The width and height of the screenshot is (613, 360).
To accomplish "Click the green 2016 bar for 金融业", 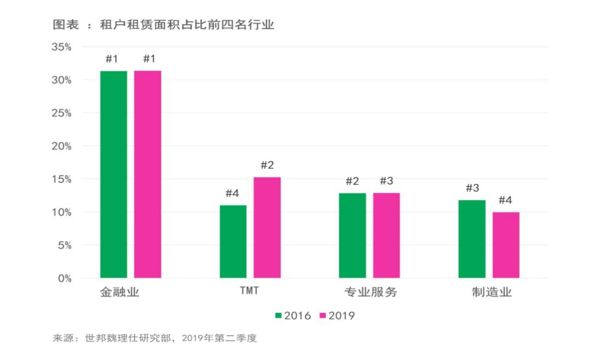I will tap(114, 174).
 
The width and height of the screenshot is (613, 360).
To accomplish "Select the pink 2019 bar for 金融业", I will tap(148, 174).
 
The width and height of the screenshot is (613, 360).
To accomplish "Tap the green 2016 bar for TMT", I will tap(233, 241).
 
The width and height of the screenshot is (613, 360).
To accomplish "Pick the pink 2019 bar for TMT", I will tap(267, 228).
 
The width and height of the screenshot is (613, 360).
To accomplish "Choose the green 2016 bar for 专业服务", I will tap(352, 235).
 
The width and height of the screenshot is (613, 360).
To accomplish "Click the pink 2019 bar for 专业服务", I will tap(387, 235).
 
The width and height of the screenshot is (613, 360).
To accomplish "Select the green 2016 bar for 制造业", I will tap(472, 239).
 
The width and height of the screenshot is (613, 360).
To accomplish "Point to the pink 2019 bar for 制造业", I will tap(506, 245).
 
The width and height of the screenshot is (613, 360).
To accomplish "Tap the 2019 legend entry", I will tap(337, 316).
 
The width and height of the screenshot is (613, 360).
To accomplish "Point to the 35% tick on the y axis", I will tap(62, 47).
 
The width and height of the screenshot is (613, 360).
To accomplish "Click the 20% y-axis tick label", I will tap(62, 146).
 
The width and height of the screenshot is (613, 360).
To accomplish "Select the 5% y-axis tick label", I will tap(64, 245).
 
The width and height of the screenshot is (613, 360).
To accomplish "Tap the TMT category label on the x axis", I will tap(249, 291).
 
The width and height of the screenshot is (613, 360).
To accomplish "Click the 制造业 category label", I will tap(492, 292).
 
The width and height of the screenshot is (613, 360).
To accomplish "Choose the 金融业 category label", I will tap(120, 292).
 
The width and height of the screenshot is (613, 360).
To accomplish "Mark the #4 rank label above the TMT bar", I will tap(232, 193).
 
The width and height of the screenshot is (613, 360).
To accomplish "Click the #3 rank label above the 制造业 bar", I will tap(472, 188).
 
